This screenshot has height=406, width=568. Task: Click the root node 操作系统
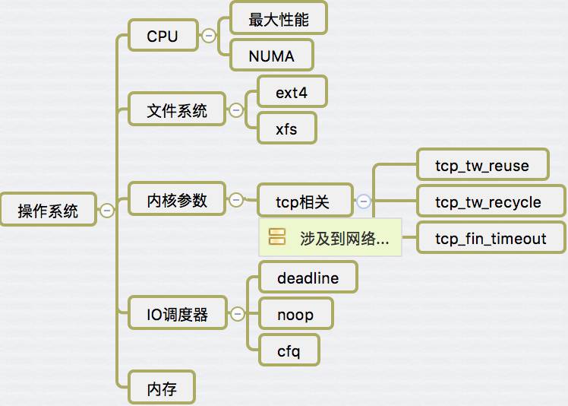point(49,210)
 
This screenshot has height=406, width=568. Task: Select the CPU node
point(162,36)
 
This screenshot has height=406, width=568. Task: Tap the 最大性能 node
point(278,18)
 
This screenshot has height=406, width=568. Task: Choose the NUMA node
point(271,56)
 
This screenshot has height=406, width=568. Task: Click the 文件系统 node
point(176,110)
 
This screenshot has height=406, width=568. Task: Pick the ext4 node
point(292,93)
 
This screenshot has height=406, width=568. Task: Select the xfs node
point(286,128)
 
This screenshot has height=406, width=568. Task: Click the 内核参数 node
point(176,200)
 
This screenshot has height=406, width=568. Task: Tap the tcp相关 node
point(304,201)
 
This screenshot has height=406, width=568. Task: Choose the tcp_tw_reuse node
point(482,166)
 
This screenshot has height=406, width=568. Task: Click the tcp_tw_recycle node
point(488,202)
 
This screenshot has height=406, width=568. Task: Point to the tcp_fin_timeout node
point(491,239)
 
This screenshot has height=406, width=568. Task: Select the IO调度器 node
point(177,313)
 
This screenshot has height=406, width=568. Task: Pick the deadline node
point(308,278)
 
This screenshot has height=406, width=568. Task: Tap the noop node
point(295,314)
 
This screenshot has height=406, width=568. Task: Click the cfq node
point(289,350)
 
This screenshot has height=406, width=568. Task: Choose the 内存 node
point(162,389)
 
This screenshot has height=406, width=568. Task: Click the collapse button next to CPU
point(208,35)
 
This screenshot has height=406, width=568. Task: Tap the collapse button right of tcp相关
point(364,201)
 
